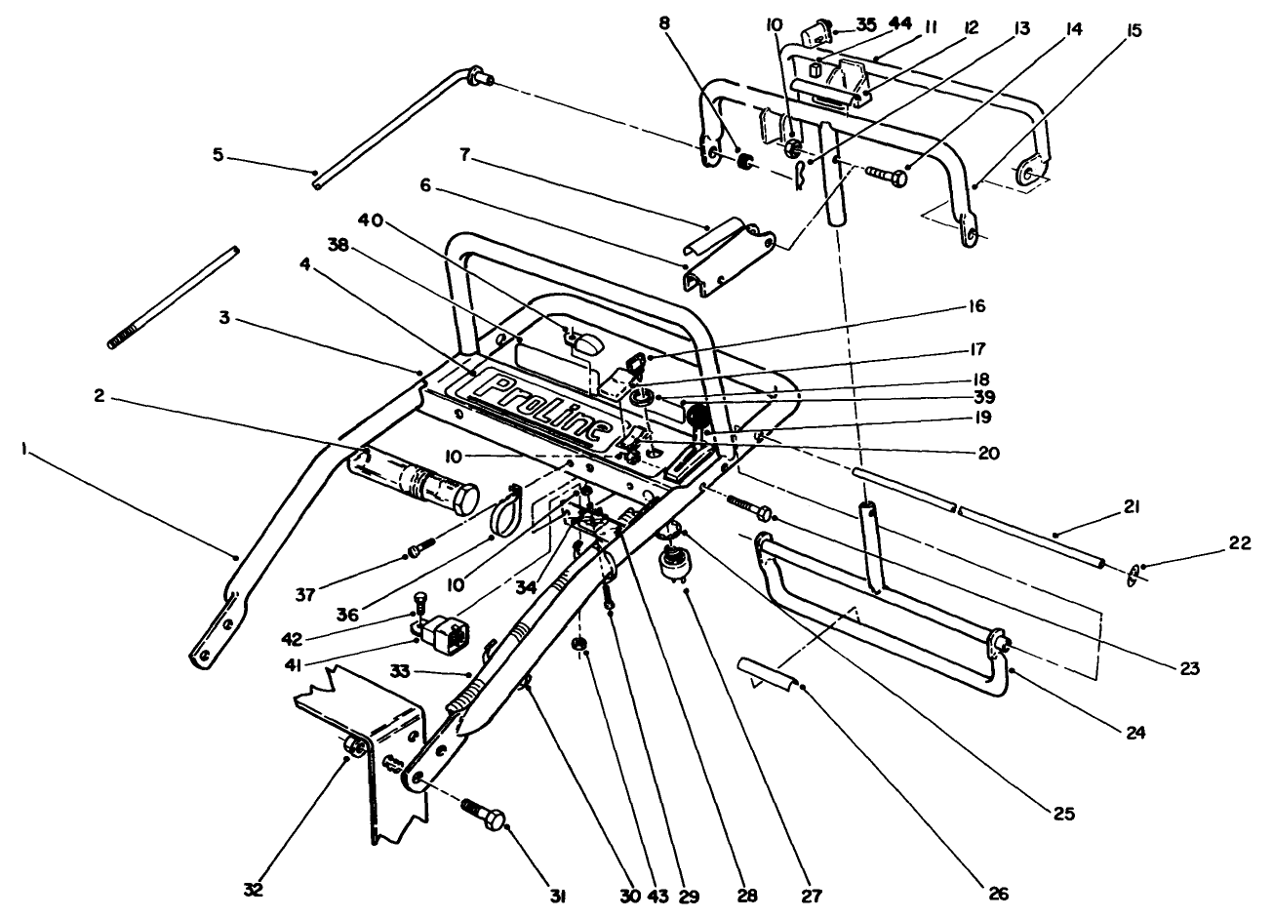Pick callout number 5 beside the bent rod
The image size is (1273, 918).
click(219, 154)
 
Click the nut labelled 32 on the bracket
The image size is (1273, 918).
click(356, 748)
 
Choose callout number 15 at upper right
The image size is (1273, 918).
click(1134, 30)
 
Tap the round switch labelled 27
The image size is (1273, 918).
click(670, 562)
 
